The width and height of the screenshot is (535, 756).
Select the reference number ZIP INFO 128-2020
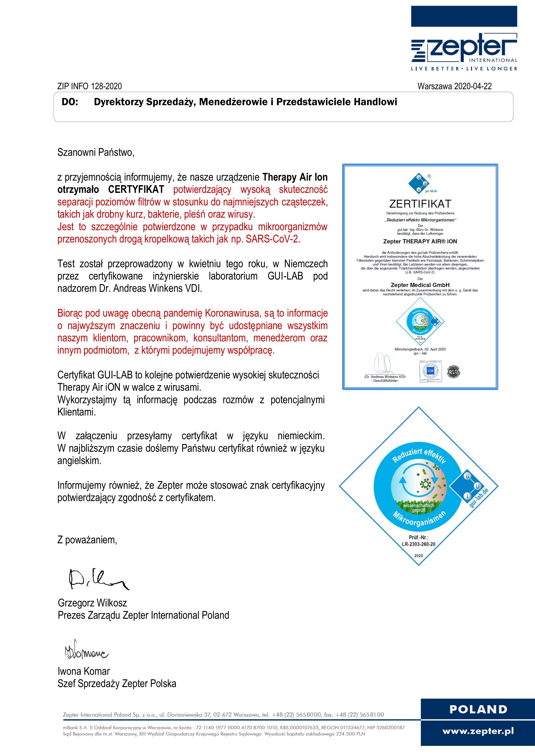pyautogui.click(x=89, y=86)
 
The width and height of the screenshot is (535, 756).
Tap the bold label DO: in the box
pyautogui.click(x=70, y=102)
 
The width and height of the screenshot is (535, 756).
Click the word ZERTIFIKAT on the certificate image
pyautogui.click(x=420, y=204)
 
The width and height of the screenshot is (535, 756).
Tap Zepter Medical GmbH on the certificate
pyautogui.click(x=420, y=285)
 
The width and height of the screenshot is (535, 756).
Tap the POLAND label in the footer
pyautogui.click(x=478, y=709)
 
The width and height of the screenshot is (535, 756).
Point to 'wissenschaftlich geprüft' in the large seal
pyautogui.click(x=419, y=508)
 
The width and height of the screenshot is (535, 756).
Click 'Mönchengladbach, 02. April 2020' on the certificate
pyautogui.click(x=420, y=349)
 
